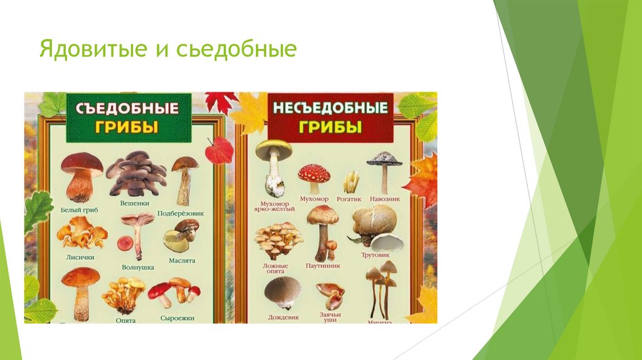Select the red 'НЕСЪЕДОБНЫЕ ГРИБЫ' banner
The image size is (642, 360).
coord(330,117)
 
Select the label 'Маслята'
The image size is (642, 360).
coord(182,260)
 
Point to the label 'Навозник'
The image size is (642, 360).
coord(385,199)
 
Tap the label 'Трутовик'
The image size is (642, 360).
coord(376,255)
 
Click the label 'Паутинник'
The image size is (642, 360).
coord(324,265)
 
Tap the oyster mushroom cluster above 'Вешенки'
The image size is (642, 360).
coord(135,174)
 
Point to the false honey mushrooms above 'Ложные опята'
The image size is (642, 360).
coord(278,240)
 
